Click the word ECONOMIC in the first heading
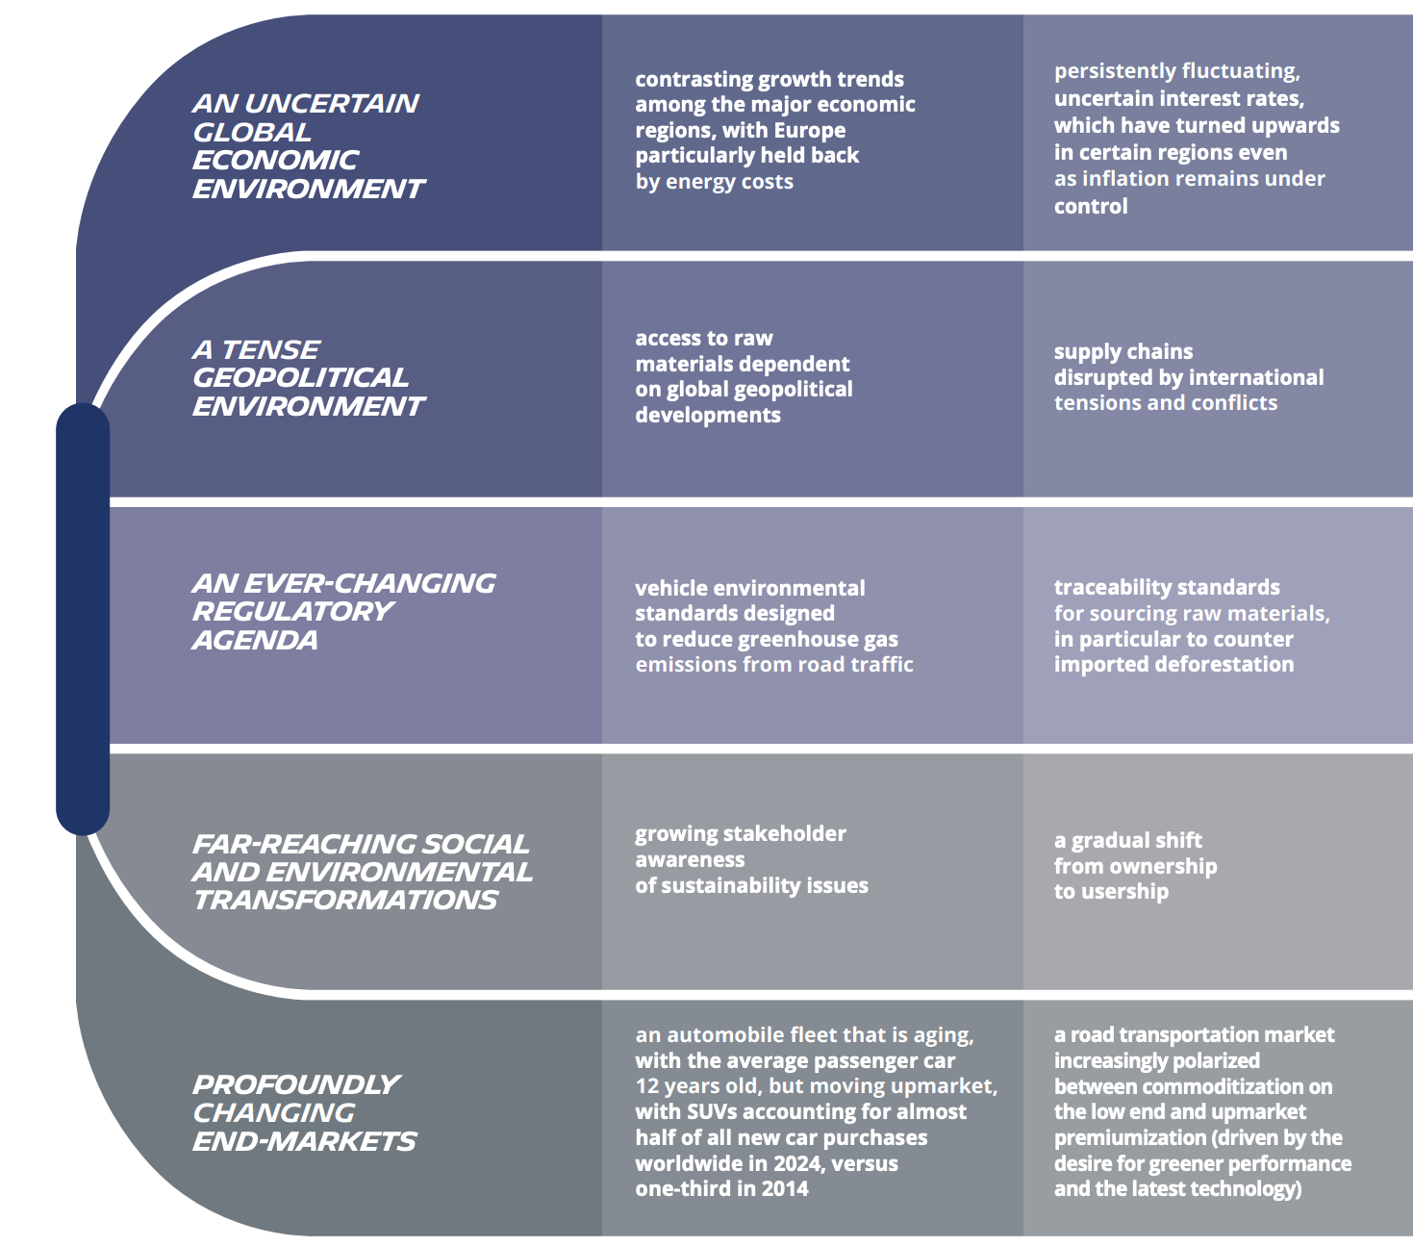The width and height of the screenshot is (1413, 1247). click(x=275, y=160)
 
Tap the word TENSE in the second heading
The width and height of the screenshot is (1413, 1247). click(x=270, y=349)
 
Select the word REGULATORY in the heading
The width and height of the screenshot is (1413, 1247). click(x=292, y=611)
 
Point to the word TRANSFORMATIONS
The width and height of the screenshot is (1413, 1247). click(x=345, y=900)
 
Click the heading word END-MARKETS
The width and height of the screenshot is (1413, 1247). click(x=304, y=1141)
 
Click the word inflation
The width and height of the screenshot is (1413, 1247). click(x=1130, y=179)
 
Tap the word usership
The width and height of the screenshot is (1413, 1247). click(x=1123, y=892)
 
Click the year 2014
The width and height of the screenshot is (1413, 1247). click(x=785, y=1189)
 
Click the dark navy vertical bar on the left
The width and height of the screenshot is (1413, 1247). click(x=83, y=619)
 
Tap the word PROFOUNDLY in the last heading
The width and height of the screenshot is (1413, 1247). click(x=296, y=1084)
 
